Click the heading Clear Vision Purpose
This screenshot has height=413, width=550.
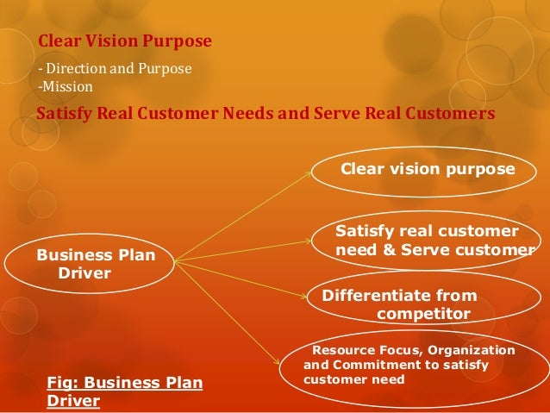(124, 41)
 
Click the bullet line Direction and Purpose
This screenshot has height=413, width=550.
(116, 67)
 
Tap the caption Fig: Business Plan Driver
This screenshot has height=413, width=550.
(125, 392)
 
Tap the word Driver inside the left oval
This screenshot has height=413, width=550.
(84, 273)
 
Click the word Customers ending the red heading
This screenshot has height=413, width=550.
(451, 114)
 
